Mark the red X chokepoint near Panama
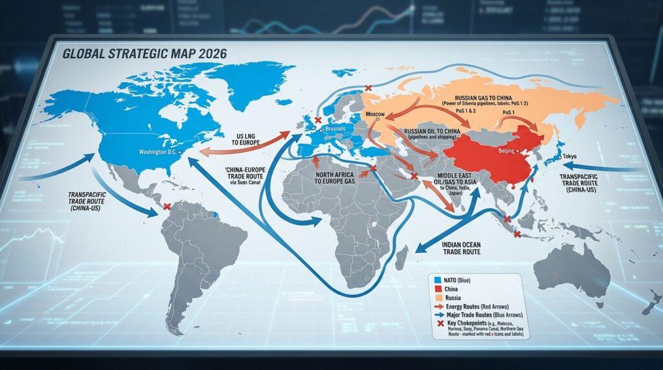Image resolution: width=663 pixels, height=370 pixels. click(x=167, y=207)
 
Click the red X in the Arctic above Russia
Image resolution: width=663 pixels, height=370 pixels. click(x=368, y=88)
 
